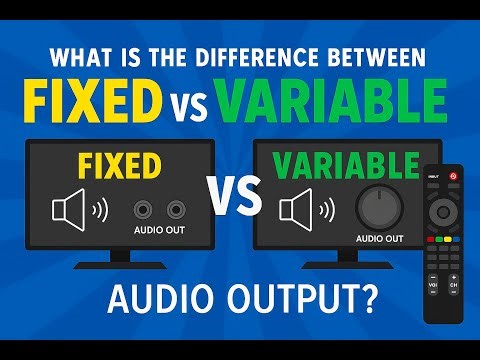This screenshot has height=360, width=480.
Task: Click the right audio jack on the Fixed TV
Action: (176, 210)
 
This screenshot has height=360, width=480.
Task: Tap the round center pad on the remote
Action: (441, 210)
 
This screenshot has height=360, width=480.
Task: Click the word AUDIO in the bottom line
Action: (154, 301)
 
